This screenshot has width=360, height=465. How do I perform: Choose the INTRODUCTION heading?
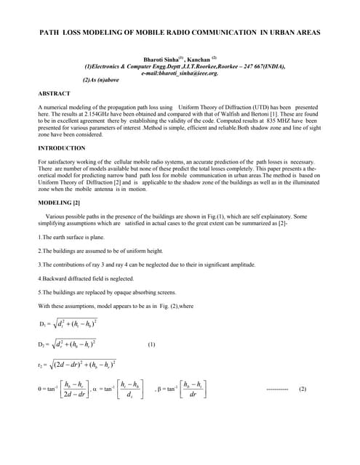(x=63, y=148)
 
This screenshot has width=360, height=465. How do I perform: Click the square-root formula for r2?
(x=82, y=364)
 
